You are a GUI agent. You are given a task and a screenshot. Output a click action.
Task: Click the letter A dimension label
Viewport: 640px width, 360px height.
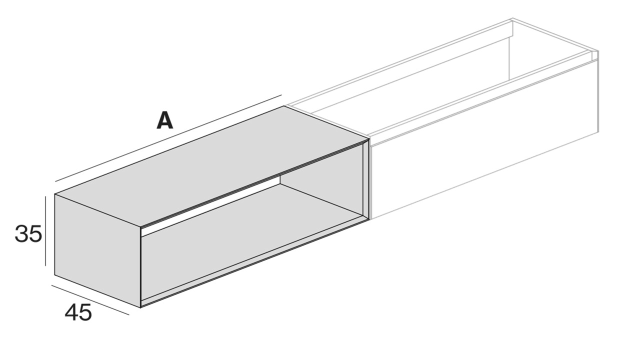164,120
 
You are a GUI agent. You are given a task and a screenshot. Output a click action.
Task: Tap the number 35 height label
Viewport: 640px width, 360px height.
28,233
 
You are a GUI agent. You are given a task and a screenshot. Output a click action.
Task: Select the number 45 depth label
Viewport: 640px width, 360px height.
78,313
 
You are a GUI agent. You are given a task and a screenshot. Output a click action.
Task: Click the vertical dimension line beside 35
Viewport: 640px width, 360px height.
45,231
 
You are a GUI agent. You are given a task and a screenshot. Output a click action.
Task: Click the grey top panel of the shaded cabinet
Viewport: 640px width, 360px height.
210,165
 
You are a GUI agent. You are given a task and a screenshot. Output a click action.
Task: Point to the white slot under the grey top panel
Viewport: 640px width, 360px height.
210,206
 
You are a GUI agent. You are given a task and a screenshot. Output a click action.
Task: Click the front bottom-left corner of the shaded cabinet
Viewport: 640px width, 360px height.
141,306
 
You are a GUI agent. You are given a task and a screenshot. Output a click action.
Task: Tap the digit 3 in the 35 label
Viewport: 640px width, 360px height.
21,233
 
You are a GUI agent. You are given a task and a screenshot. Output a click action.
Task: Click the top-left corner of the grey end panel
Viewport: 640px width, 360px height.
55,194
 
